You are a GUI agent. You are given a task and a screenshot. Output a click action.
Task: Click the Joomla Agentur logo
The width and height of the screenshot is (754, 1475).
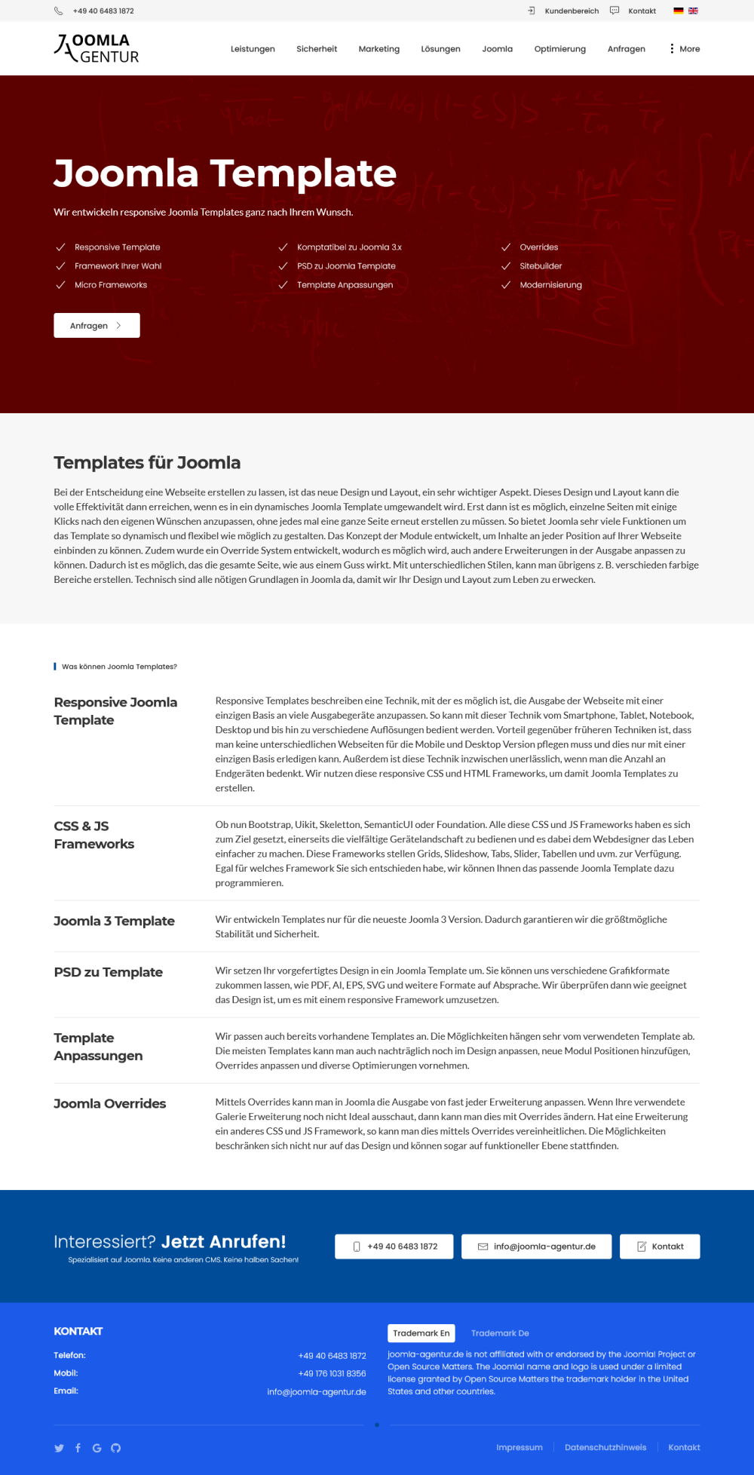point(97,48)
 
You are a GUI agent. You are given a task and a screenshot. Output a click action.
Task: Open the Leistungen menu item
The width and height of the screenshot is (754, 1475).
point(253,49)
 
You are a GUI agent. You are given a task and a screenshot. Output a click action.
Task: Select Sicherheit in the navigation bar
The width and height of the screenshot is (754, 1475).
point(317,49)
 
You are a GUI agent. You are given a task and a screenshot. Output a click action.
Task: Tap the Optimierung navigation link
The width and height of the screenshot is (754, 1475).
point(559,49)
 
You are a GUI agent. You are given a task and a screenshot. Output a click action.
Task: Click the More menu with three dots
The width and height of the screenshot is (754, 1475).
point(685,49)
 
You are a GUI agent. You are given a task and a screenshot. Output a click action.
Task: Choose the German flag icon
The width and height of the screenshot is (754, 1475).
point(679,11)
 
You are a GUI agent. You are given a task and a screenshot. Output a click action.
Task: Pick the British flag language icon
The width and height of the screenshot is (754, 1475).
point(693,11)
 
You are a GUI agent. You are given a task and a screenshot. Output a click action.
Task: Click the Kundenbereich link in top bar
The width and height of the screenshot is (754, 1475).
point(571,11)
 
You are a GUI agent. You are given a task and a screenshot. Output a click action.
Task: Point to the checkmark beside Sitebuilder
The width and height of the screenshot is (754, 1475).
point(506,266)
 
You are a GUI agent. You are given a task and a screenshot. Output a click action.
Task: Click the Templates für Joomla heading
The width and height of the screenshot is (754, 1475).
point(147,462)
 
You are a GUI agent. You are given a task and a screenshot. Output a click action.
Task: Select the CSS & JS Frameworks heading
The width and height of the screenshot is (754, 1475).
point(93,835)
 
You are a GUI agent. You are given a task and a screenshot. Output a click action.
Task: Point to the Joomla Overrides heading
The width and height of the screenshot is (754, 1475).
point(109,1103)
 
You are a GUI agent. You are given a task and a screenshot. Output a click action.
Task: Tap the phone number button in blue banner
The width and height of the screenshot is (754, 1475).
point(394,1247)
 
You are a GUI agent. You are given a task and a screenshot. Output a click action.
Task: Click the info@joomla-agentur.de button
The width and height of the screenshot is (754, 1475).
point(536,1247)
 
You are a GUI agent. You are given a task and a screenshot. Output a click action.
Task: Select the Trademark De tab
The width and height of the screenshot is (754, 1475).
point(500,1333)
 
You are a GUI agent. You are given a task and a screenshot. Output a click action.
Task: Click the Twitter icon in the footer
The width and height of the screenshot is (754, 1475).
point(59,1448)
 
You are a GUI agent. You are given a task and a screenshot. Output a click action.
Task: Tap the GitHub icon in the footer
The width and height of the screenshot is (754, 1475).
point(115,1448)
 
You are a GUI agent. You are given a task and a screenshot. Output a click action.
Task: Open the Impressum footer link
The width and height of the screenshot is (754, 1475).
point(519,1447)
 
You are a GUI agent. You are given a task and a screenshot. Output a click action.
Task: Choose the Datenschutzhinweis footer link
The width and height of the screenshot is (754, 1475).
point(605,1447)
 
